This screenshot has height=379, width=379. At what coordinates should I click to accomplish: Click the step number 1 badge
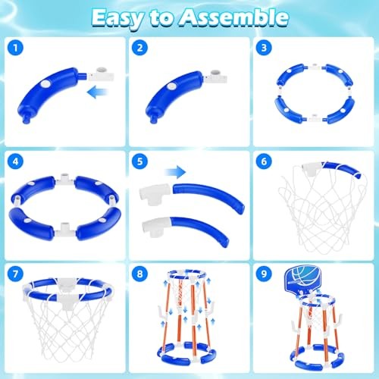(15, 48)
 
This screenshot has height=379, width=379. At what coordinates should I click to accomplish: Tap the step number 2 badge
(139, 48)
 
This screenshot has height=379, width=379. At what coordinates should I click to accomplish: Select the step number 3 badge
(264, 48)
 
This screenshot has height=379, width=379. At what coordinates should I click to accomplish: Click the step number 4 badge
(15, 161)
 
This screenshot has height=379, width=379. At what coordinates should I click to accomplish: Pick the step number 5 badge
(139, 161)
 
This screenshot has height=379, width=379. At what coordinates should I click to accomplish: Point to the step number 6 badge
(264, 161)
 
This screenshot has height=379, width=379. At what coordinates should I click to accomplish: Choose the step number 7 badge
(15, 274)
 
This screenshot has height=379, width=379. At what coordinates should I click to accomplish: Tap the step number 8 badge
(139, 274)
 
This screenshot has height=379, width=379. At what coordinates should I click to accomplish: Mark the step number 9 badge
(264, 274)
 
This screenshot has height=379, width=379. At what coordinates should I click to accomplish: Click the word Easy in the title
(117, 18)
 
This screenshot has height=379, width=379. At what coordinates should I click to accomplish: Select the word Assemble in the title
(234, 17)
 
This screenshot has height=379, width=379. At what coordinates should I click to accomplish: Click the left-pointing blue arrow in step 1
(98, 92)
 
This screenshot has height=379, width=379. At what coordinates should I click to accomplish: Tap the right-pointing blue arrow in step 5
(175, 172)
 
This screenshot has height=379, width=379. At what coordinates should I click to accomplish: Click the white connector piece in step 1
(102, 74)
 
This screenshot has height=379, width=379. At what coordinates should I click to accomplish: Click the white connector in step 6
(312, 169)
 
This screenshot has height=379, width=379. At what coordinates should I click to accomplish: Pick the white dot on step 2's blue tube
(172, 86)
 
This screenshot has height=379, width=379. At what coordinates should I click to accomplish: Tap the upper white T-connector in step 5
(155, 194)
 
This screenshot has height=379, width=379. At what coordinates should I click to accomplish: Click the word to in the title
(161, 18)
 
